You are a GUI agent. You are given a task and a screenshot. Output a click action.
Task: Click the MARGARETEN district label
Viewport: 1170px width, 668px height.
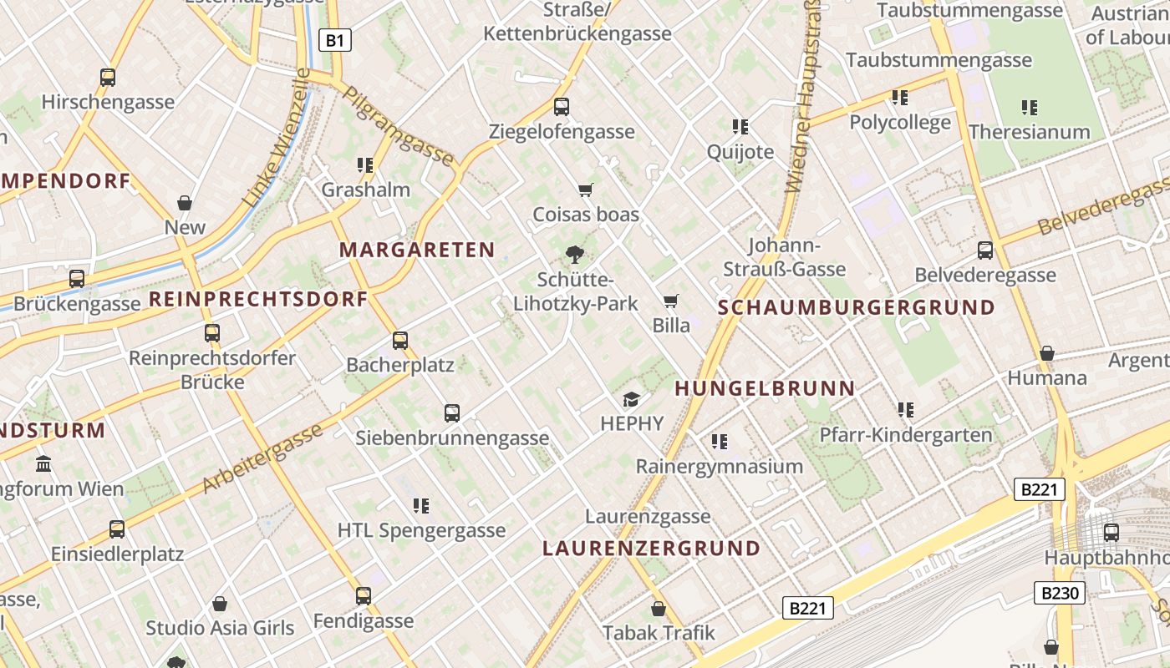(x=417, y=250)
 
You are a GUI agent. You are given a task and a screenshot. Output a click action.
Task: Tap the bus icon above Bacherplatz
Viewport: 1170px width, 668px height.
(x=400, y=341)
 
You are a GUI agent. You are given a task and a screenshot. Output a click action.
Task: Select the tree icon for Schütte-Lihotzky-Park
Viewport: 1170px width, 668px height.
(x=575, y=255)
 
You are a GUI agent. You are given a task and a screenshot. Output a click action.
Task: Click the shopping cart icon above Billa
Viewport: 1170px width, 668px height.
(x=670, y=301)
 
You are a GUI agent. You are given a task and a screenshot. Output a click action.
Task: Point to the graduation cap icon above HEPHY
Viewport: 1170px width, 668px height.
(x=631, y=400)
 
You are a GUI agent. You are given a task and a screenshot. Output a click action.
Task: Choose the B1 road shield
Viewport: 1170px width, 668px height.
(x=335, y=40)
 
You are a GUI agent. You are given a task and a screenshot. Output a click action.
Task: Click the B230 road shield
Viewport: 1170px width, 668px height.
(x=1060, y=594)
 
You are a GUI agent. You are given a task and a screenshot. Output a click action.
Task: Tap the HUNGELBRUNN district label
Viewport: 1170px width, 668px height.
(x=765, y=388)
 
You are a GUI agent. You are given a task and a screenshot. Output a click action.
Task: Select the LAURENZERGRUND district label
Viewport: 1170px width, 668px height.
(x=651, y=549)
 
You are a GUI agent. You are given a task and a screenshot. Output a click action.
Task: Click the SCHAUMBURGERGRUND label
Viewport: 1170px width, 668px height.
(x=857, y=307)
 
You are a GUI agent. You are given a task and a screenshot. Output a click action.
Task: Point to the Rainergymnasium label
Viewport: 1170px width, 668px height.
(x=720, y=466)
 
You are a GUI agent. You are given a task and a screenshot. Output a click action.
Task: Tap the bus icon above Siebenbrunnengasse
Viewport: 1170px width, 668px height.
(x=452, y=412)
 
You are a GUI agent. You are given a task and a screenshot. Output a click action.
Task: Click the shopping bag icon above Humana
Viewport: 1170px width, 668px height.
(x=1046, y=354)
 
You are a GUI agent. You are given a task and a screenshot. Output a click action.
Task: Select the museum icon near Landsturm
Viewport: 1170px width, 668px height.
(x=43, y=463)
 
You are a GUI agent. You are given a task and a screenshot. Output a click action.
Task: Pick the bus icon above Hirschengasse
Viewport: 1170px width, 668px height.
(x=108, y=78)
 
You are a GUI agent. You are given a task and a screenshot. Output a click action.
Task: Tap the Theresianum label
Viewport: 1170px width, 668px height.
(x=1029, y=132)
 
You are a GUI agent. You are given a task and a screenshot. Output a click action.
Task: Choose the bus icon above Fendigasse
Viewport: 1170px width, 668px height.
(x=364, y=596)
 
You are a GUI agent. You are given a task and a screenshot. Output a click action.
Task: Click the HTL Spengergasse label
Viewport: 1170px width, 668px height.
(x=421, y=530)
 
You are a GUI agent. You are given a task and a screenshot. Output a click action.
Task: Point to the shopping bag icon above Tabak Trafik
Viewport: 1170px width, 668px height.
(x=659, y=609)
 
